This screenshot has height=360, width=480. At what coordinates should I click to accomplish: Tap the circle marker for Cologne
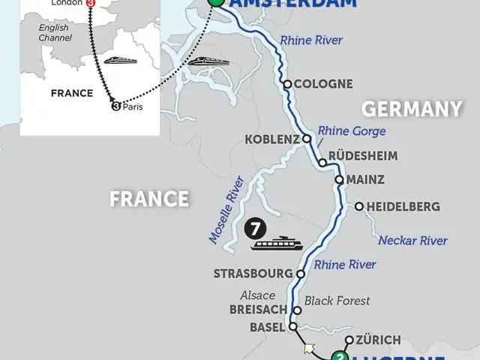(286, 84)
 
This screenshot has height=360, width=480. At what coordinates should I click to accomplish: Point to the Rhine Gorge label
(352, 131)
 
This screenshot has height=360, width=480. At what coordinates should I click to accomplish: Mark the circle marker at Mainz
(339, 180)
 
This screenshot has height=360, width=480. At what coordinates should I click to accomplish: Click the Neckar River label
(412, 241)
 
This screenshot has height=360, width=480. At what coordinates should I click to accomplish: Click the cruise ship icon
(278, 243)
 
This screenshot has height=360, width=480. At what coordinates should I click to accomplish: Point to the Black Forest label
(337, 301)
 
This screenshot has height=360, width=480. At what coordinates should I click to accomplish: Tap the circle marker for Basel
(293, 327)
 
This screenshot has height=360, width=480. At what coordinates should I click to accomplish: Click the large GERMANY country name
(412, 109)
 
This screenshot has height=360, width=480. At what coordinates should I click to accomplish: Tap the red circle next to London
(91, 3)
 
